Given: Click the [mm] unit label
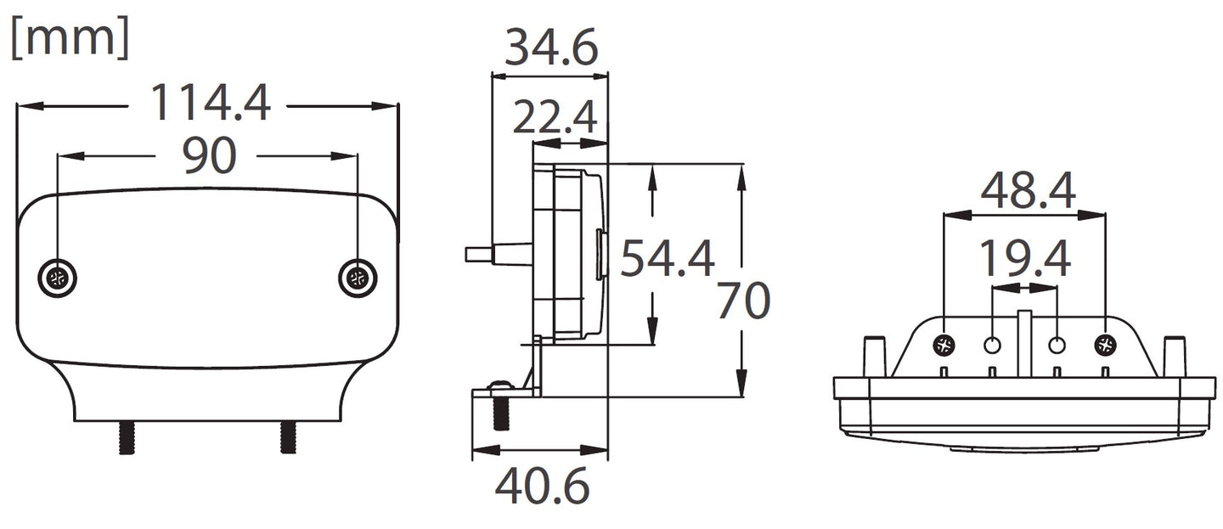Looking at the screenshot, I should (x=70, y=39).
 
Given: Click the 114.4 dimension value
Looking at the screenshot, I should (x=210, y=104).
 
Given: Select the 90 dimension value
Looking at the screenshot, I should (x=209, y=155).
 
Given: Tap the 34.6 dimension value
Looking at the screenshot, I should (x=551, y=48).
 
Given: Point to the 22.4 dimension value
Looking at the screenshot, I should (x=555, y=118).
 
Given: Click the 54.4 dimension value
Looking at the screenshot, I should (x=667, y=259).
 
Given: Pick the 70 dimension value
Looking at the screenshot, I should (x=743, y=301).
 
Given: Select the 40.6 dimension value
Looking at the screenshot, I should (x=542, y=487).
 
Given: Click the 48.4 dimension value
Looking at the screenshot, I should (x=1028, y=192).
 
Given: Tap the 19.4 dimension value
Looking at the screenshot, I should (x=1024, y=259).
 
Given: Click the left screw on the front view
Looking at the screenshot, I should (x=58, y=279).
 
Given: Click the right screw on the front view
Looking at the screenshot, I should (x=358, y=279).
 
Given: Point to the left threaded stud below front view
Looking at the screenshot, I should (x=127, y=437).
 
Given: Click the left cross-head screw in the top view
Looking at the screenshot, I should (x=944, y=345).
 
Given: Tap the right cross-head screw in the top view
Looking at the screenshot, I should (x=1105, y=345).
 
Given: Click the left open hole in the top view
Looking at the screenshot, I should (x=992, y=346).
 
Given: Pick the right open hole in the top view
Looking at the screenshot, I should (x=1057, y=346).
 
